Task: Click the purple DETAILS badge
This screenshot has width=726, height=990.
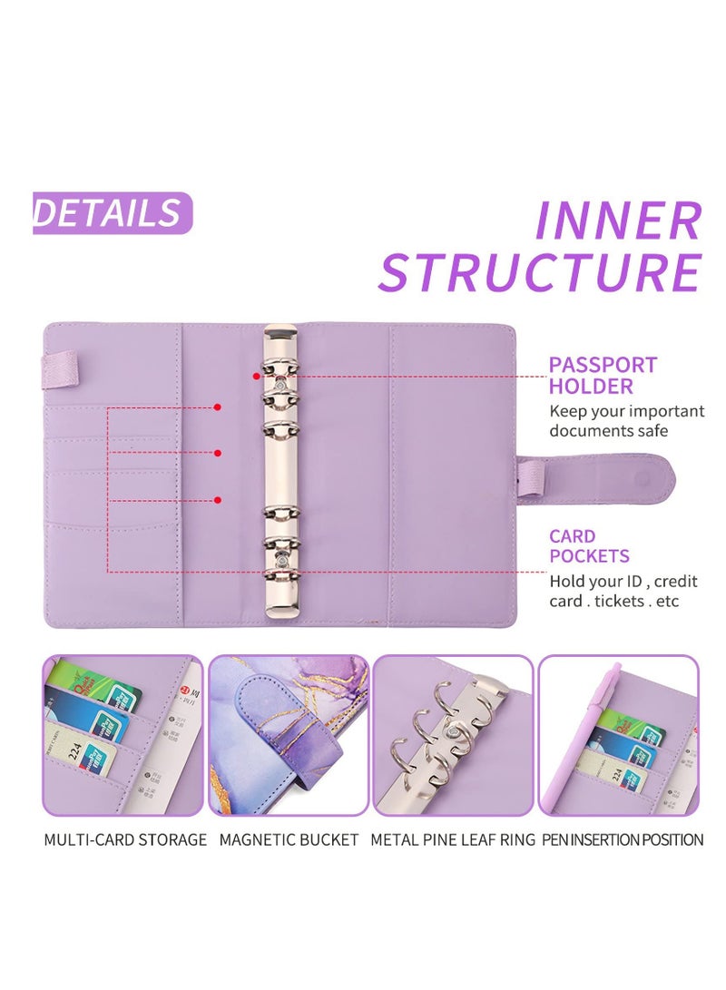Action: (112, 213)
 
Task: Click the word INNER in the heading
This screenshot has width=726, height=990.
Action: (618, 221)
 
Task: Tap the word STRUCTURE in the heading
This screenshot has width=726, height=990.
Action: (540, 271)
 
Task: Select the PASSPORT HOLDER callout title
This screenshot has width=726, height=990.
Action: (603, 376)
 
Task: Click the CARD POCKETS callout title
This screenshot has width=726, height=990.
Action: (589, 546)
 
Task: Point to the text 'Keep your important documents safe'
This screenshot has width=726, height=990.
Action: (626, 421)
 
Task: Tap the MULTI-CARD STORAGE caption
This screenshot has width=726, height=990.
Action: (125, 839)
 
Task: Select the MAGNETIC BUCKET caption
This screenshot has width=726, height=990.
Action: (289, 839)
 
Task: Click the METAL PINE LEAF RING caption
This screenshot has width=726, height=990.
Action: (453, 839)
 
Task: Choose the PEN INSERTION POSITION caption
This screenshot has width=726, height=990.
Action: (623, 839)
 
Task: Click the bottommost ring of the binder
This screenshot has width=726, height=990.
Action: (280, 574)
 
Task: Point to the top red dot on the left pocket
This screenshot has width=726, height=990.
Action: (217, 407)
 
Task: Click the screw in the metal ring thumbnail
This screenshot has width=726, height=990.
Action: (450, 731)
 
